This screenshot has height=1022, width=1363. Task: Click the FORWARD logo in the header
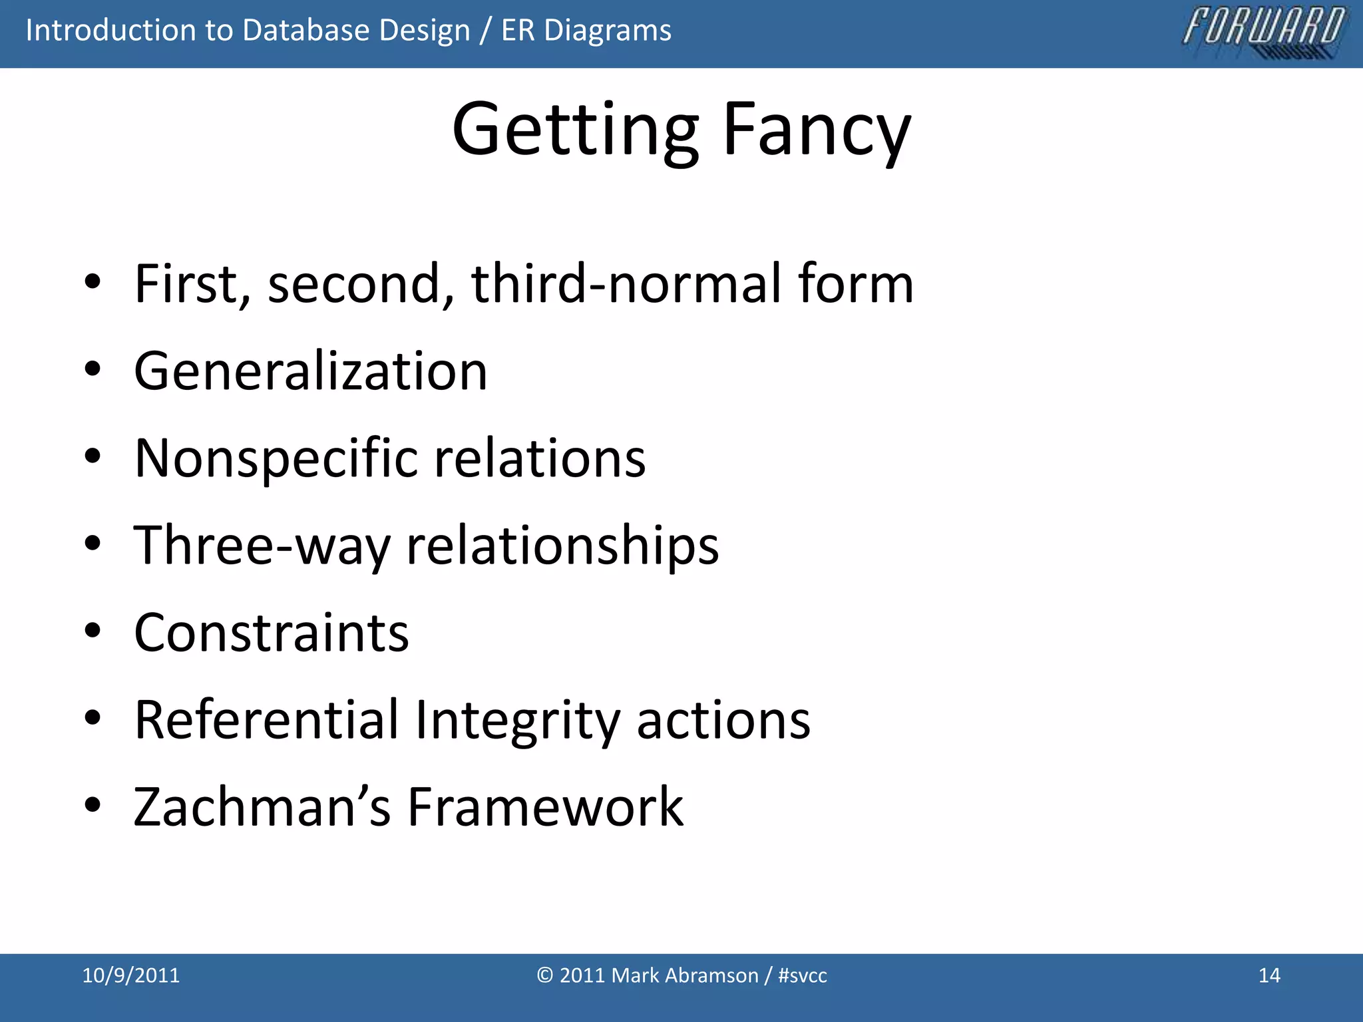pyautogui.click(x=1263, y=31)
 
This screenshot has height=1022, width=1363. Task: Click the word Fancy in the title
pyautogui.click(x=816, y=130)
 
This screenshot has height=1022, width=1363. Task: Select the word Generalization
pyautogui.click(x=310, y=371)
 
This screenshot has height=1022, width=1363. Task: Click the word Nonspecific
pyautogui.click(x=276, y=459)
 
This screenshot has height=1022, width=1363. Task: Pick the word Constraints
pyautogui.click(x=271, y=633)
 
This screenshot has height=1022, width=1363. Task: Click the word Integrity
pyautogui.click(x=516, y=721)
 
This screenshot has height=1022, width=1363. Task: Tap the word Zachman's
pyautogui.click(x=262, y=807)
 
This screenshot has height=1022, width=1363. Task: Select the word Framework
pyautogui.click(x=545, y=807)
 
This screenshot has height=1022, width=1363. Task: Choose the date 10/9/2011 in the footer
pyautogui.click(x=130, y=975)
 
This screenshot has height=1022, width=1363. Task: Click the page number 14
pyautogui.click(x=1269, y=975)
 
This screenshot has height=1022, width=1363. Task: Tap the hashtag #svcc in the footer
pyautogui.click(x=802, y=975)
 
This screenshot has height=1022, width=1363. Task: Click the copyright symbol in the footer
pyautogui.click(x=544, y=975)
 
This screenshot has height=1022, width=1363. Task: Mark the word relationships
pyautogui.click(x=562, y=546)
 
